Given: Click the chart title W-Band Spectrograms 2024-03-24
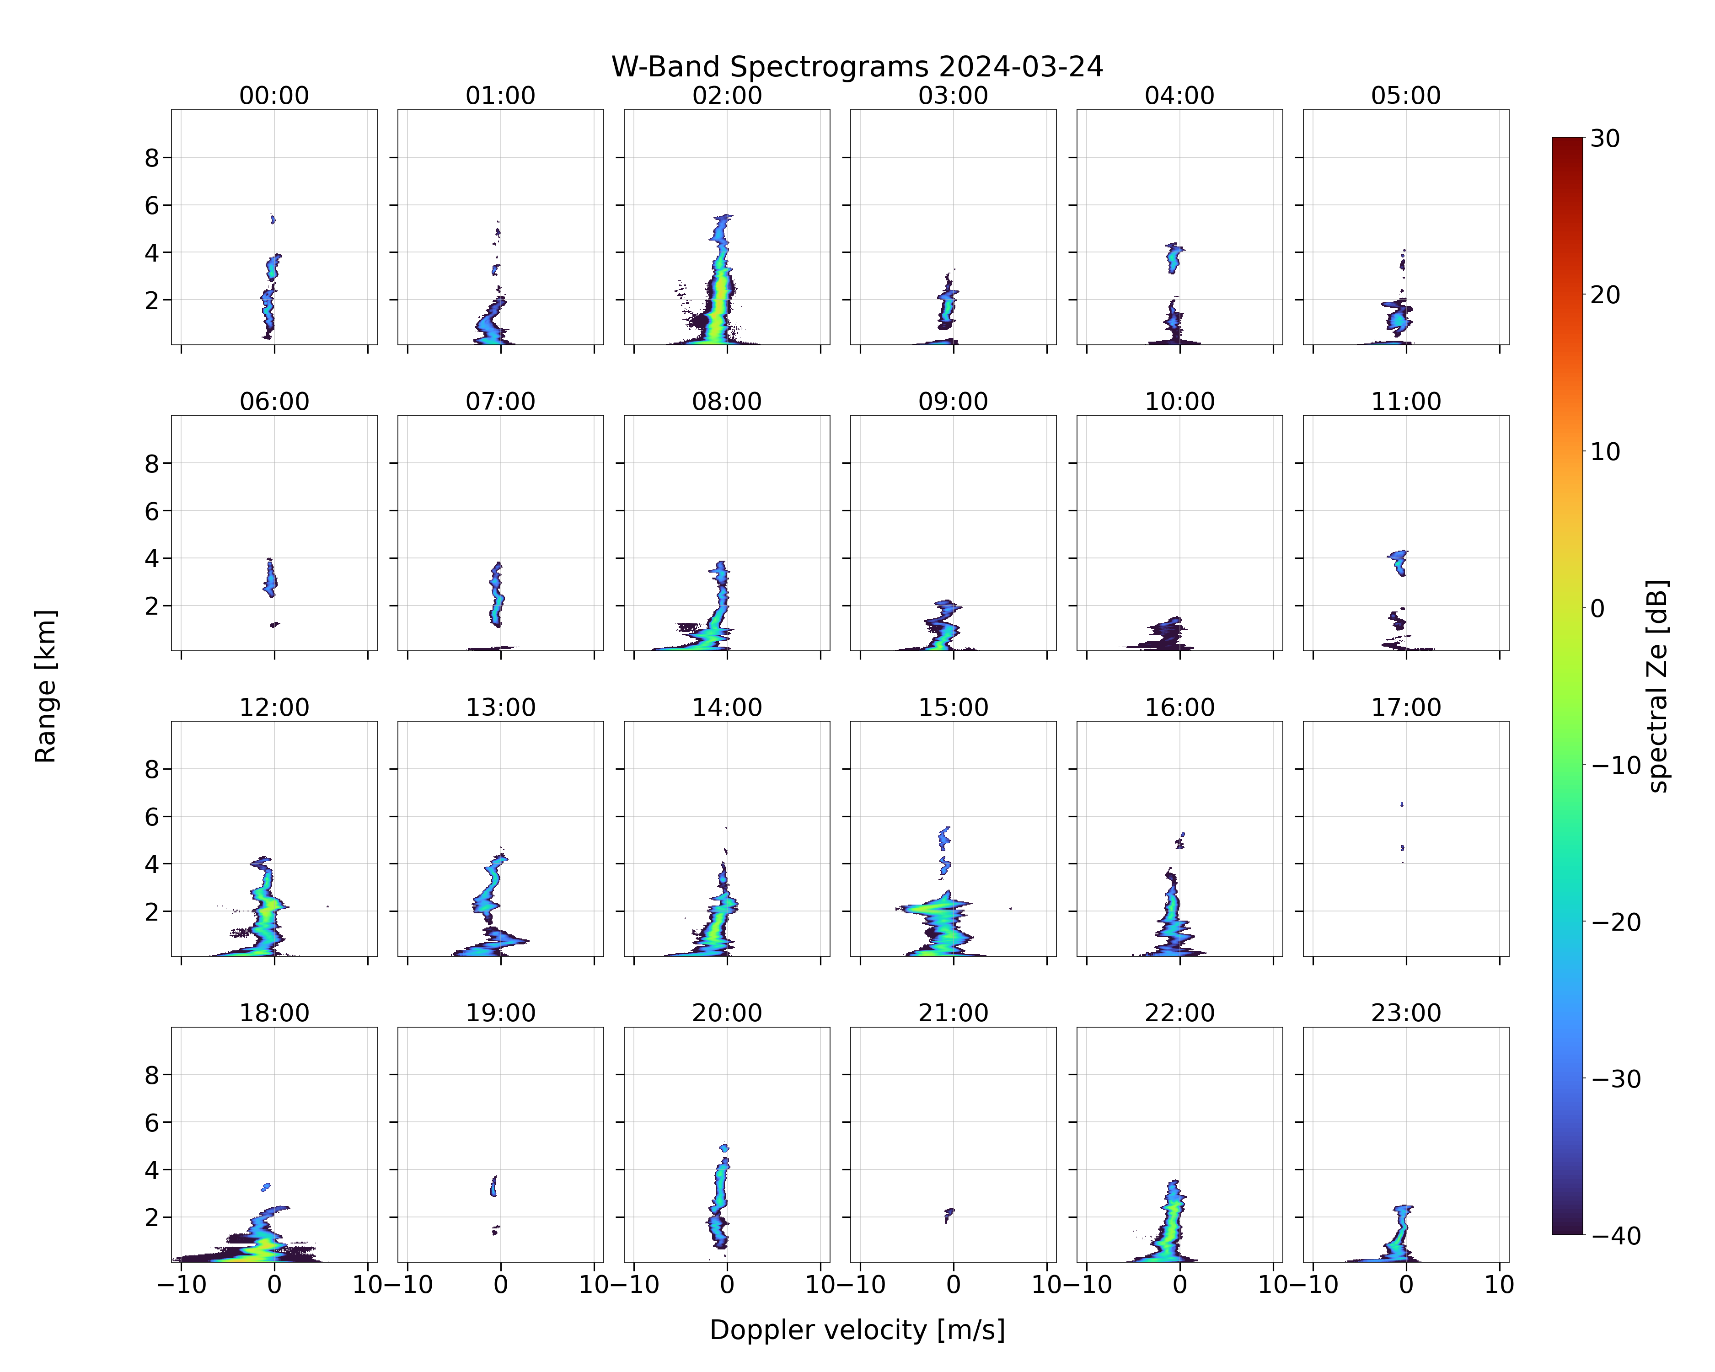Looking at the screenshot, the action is coord(857,67).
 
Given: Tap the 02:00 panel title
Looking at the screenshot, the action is coord(727,96).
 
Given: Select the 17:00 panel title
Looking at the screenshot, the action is coord(1405,707).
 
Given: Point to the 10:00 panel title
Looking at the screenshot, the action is coord(1179,402).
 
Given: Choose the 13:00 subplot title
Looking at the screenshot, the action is coord(500,707).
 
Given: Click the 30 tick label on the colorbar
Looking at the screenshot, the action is coord(1605,139).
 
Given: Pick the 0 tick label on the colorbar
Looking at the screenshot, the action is coord(1597,608).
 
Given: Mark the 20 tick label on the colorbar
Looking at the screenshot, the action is coord(1605,295).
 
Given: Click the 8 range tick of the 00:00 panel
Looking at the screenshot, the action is coord(152,158).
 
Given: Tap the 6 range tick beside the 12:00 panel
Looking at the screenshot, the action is coord(152,817).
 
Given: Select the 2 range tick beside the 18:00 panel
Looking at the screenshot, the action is coord(152,1218).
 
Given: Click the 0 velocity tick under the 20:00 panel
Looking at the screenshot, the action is coord(727,1285).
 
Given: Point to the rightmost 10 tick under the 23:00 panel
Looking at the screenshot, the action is coord(1500,1285).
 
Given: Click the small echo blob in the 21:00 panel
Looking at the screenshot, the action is coord(948,1215).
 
